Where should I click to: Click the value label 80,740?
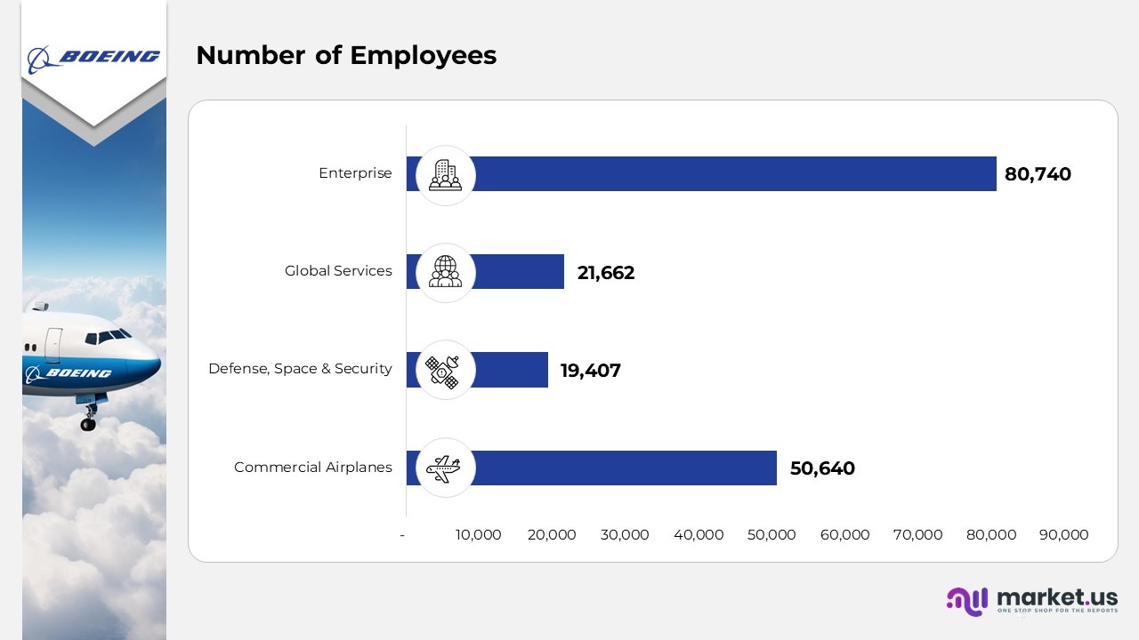point(1038,174)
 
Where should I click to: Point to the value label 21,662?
point(606,273)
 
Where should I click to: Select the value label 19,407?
point(590,371)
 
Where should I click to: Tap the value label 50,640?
point(822,468)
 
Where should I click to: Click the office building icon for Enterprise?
point(445,175)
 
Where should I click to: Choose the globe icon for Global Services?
point(445,272)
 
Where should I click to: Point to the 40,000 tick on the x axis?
point(699,535)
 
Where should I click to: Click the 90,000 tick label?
point(1063,535)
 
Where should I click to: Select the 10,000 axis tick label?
point(479,535)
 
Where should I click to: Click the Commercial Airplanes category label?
point(312,468)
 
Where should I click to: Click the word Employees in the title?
point(423,56)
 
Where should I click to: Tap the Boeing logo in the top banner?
point(93,58)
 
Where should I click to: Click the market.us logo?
point(1032,601)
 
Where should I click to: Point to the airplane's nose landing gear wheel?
point(88,424)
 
